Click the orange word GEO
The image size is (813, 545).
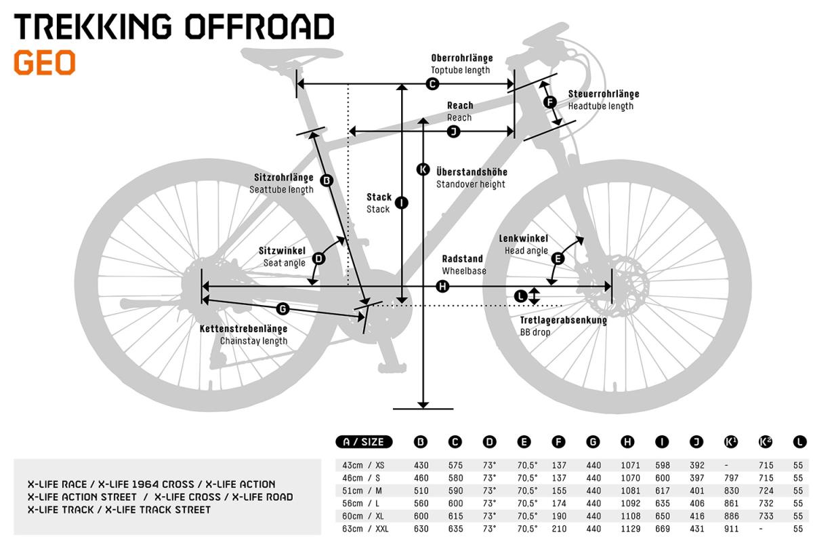click(45, 63)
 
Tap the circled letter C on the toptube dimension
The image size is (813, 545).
click(432, 84)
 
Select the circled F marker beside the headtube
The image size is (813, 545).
click(550, 102)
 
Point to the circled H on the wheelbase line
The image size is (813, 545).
click(442, 287)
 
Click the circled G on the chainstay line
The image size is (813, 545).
click(283, 309)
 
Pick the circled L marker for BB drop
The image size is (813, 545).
click(521, 296)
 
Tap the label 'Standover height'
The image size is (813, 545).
click(470, 184)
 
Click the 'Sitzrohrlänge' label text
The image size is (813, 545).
click(283, 178)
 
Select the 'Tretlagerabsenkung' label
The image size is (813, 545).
click(563, 320)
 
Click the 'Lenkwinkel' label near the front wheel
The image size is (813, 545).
click(523, 239)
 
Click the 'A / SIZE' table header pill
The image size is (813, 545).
click(364, 442)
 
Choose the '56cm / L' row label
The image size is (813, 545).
click(360, 504)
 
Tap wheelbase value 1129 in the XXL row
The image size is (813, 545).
click(631, 529)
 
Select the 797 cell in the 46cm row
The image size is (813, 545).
click(731, 478)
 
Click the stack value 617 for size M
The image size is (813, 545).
click(663, 491)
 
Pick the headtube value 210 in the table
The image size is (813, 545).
click(559, 529)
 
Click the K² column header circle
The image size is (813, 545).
click(765, 442)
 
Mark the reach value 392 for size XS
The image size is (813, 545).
click(697, 466)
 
